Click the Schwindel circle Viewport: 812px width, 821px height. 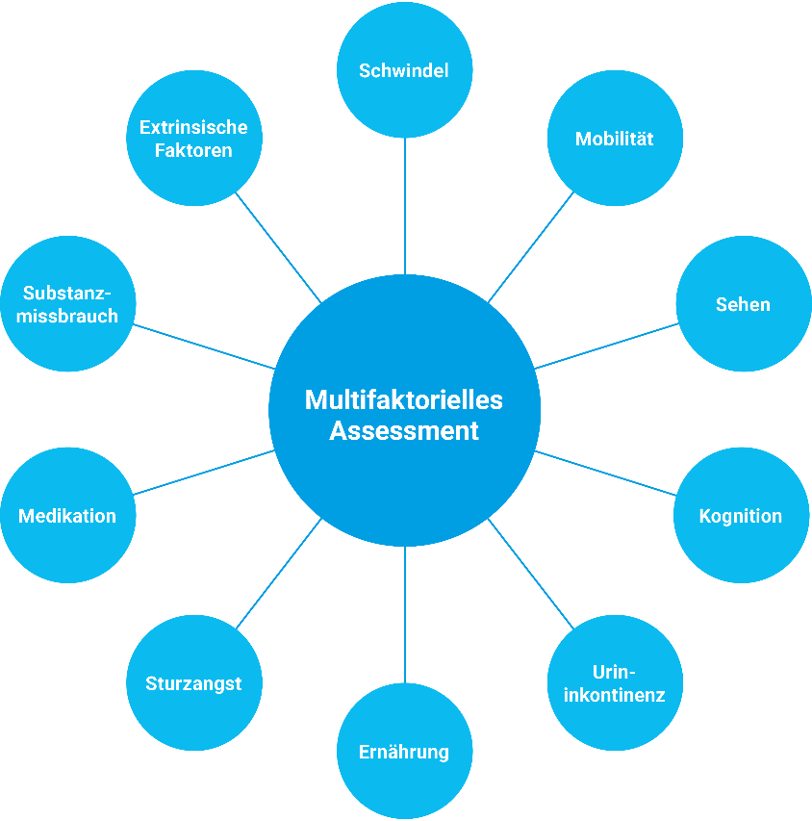[x=404, y=70]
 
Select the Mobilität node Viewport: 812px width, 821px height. [x=614, y=139]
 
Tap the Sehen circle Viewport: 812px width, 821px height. [x=743, y=304]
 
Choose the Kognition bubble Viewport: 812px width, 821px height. [x=740, y=516]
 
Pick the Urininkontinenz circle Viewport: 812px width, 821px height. [x=615, y=682]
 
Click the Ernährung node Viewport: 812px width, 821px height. [x=404, y=751]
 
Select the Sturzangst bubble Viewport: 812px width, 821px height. [x=193, y=683]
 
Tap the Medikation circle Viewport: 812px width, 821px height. [x=67, y=516]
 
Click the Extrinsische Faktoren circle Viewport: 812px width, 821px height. [x=193, y=138]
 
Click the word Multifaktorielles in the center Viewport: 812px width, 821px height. [x=404, y=398]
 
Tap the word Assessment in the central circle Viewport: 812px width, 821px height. [x=404, y=430]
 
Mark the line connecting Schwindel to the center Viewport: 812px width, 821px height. [x=405, y=206]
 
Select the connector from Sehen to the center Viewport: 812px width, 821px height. [x=606, y=346]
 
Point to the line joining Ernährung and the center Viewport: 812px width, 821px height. [x=405, y=615]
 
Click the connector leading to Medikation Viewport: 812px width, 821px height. [x=204, y=473]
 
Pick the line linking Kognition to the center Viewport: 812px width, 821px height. [x=606, y=473]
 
